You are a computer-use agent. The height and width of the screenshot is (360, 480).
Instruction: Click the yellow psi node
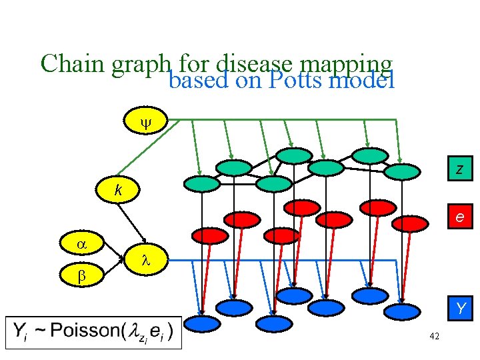coord(146,123)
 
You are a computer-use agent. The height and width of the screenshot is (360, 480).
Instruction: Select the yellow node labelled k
coord(118,191)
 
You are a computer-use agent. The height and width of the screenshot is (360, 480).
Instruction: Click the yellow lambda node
coord(146,260)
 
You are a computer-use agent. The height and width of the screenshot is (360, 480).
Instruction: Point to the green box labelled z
coord(459,171)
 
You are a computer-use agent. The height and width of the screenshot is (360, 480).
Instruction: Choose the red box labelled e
coord(459,217)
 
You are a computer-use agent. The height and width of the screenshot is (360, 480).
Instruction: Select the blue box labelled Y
coord(459,308)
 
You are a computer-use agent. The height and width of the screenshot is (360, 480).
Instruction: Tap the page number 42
coord(434,337)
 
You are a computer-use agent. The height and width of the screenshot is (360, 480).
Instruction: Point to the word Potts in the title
coord(298,81)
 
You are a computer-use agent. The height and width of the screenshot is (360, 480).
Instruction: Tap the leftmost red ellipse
coord(210,235)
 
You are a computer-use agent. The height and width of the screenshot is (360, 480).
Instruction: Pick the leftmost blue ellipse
coord(201,324)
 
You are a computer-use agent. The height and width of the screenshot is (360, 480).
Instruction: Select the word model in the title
coord(363,81)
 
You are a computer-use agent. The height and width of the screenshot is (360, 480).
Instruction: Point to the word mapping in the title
coord(345,64)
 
